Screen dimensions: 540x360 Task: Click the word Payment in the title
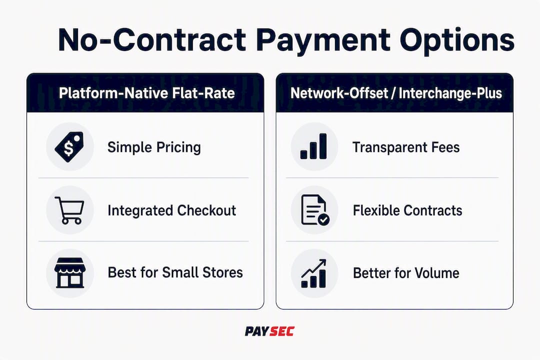[323, 40]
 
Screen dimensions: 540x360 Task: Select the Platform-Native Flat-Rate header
[146, 93]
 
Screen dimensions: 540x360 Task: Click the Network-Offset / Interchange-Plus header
[396, 93]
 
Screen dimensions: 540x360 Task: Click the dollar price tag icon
[69, 147]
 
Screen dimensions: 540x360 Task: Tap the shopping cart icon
[69, 210]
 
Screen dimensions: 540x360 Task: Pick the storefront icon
[69, 273]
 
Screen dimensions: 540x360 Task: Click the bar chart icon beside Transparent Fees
[313, 146]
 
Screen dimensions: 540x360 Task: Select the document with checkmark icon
[315, 210]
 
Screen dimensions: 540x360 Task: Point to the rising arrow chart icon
[313, 273]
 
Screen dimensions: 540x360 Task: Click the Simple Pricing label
[154, 147]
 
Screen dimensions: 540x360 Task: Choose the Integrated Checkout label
[172, 210]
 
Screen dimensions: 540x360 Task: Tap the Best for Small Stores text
[175, 272]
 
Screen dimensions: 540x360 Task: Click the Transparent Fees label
[406, 147]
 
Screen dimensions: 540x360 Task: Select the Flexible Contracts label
[407, 210]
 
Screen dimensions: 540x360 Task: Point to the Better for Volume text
[406, 273]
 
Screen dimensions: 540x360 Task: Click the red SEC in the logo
[282, 331]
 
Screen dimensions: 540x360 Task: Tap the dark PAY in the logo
[257, 331]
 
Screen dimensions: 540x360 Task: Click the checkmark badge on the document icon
[323, 219]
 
